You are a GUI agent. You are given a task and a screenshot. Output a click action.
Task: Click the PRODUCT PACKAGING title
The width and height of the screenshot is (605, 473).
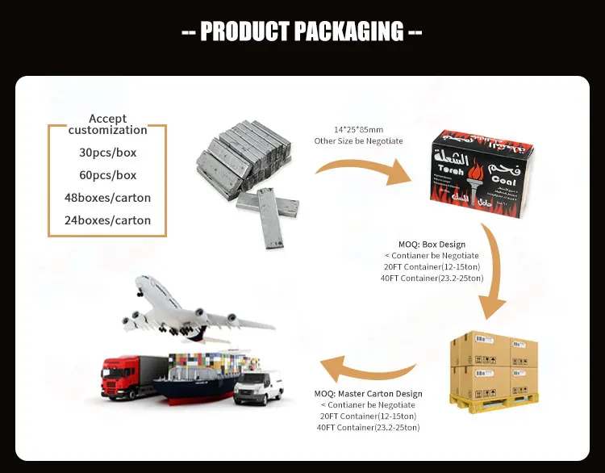302,31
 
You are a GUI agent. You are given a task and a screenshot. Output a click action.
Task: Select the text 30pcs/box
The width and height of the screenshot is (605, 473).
107,153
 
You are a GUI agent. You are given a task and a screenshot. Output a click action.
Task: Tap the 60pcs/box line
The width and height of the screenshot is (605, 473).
107,175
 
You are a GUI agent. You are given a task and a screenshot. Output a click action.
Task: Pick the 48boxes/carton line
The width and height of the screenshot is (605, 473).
107,198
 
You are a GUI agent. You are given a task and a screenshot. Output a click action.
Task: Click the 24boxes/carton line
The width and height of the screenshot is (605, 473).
107,220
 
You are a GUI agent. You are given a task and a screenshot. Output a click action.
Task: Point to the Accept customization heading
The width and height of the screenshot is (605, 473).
107,124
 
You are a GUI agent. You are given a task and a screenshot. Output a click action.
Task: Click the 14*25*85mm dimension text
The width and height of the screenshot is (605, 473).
359,129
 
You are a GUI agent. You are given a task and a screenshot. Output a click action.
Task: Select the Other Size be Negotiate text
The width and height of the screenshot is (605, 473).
359,141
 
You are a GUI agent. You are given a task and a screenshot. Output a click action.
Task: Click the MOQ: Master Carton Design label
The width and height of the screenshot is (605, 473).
368,394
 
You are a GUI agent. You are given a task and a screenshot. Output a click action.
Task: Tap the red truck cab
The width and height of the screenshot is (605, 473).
118,377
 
